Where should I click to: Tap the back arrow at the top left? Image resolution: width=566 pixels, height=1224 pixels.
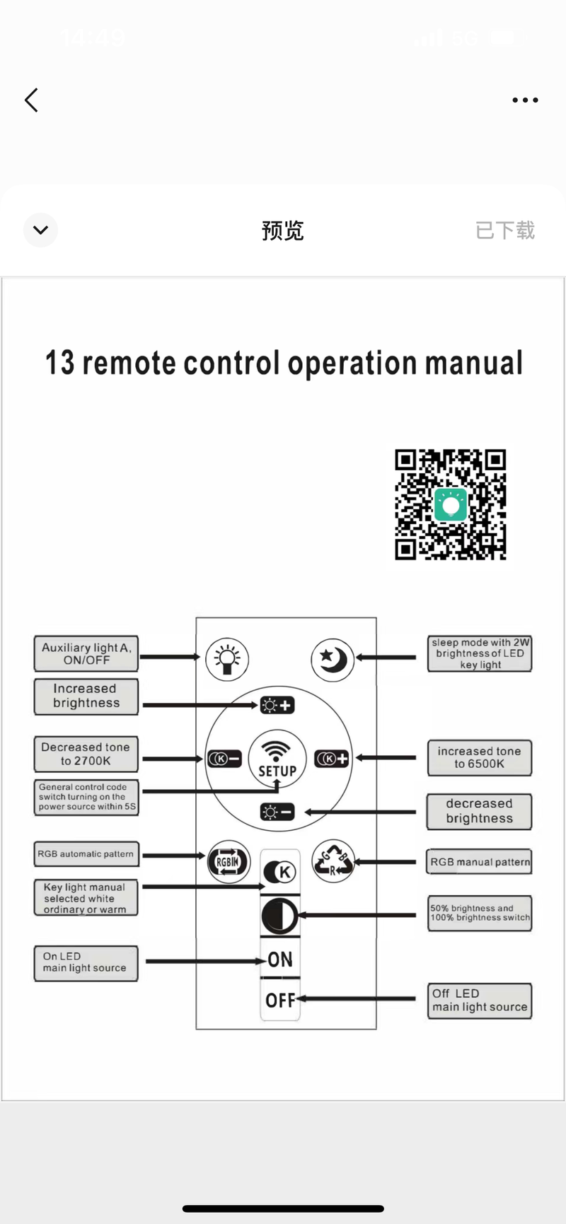tap(31, 100)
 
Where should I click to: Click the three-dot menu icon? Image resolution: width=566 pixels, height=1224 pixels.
tap(525, 100)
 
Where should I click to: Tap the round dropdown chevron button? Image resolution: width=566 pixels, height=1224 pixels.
tap(40, 230)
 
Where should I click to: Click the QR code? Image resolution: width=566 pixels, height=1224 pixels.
tap(451, 504)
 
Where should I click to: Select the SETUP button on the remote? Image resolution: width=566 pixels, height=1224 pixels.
tap(277, 759)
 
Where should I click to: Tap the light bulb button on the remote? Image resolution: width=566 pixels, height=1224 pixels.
tap(226, 659)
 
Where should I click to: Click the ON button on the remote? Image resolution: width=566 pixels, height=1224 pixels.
tap(280, 960)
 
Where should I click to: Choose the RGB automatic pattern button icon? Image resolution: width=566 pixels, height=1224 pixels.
tap(228, 861)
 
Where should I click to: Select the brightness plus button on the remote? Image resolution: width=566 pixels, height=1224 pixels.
tap(277, 705)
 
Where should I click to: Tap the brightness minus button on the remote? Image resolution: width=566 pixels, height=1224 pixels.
tap(277, 812)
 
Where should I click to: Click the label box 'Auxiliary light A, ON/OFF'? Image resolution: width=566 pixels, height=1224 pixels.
tap(86, 653)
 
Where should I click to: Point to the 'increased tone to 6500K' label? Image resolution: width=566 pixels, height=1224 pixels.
tap(479, 757)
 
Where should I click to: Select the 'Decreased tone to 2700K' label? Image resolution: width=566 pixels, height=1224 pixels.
tap(86, 754)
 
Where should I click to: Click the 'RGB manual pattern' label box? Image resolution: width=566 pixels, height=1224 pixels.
tap(480, 862)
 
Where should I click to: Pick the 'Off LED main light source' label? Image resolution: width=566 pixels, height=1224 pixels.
tap(480, 1001)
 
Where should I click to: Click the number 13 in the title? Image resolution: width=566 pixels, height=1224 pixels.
tap(59, 363)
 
